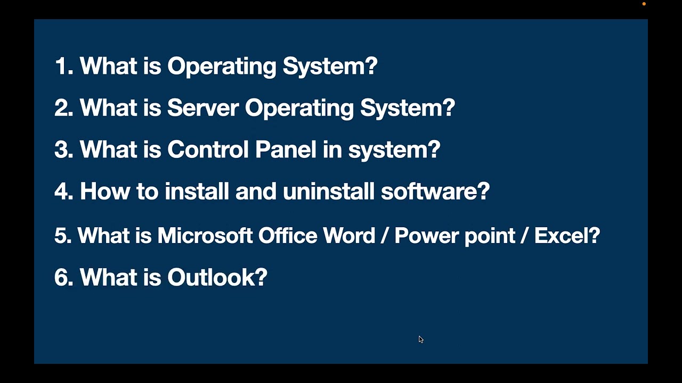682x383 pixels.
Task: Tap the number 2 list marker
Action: (63, 108)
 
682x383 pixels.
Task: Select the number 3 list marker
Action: (63, 149)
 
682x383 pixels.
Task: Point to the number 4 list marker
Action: (63, 191)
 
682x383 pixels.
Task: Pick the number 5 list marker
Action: (62, 235)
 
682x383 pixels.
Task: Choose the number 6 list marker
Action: (63, 277)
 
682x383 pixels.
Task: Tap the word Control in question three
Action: (207, 149)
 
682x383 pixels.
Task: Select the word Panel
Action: (286, 149)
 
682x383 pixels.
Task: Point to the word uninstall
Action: (328, 191)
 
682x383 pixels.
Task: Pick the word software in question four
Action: (434, 191)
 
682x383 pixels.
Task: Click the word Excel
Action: (566, 235)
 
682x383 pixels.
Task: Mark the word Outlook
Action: (217, 277)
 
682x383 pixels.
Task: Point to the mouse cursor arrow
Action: (420, 338)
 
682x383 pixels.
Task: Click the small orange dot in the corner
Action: (644, 4)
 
